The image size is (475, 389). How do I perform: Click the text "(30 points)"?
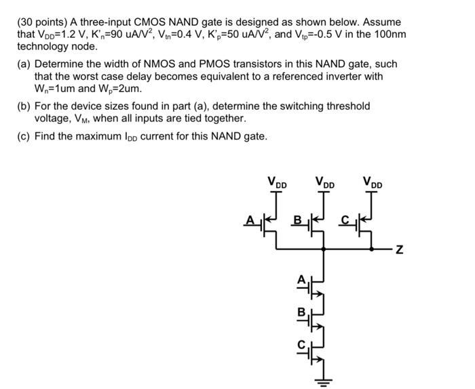tap(42, 22)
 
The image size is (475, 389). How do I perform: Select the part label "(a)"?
tap(24, 64)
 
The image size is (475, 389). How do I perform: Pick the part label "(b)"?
tap(24, 106)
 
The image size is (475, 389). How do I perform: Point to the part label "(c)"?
tap(24, 136)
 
